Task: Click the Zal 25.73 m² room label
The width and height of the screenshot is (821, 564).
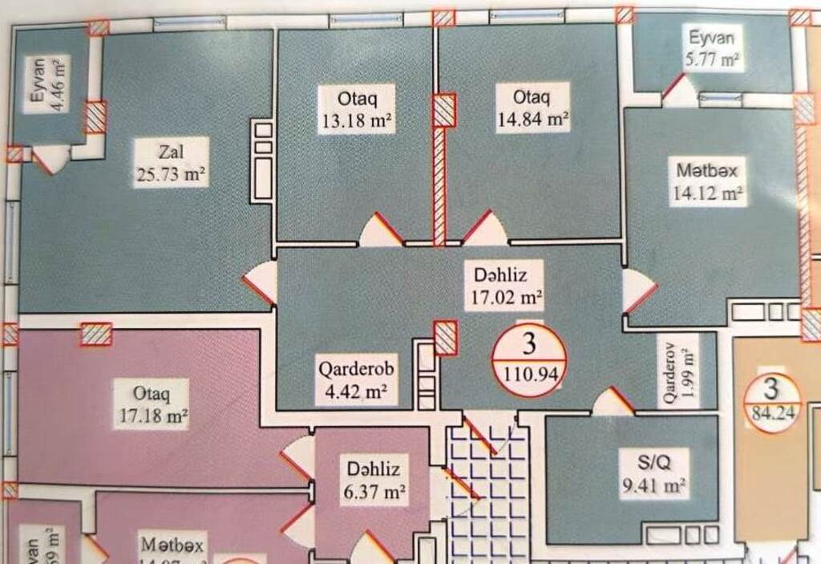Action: (171, 162)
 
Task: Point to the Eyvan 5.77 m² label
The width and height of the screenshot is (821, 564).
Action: (712, 47)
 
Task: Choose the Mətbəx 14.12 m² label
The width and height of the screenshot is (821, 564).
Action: (706, 181)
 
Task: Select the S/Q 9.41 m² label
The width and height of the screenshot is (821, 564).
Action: (654, 474)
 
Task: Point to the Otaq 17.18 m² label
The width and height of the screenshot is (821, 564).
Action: (151, 404)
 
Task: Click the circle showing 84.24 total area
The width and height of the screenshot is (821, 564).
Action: (770, 403)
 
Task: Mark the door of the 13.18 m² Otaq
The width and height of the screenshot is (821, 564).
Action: (382, 231)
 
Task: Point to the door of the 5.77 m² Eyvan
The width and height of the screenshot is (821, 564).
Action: (677, 89)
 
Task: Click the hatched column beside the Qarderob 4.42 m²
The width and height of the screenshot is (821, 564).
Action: (445, 337)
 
